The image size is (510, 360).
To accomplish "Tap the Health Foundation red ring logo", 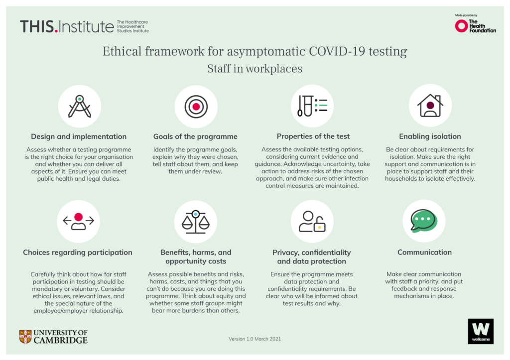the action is tap(461, 26).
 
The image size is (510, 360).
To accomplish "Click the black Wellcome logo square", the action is tap(481, 332).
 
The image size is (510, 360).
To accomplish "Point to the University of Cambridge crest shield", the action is tap(25, 337).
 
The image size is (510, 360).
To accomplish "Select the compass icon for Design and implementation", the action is tap(79, 107).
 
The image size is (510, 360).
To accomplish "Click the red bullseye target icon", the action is tap(196, 107).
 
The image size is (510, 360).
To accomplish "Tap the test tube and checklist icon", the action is tap(312, 106).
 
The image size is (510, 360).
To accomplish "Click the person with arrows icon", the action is tap(78, 221).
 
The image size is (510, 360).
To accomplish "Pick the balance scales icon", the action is tap(195, 222).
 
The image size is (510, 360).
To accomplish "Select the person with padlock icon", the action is tap(312, 222).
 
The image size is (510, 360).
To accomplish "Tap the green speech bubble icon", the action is tap(424, 221).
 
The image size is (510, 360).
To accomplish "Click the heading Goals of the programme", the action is tap(195, 136).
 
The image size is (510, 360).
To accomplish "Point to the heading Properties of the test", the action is tap(313, 136).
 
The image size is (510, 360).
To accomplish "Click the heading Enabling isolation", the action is tap(430, 136).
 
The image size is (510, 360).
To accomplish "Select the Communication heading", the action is tap(424, 252).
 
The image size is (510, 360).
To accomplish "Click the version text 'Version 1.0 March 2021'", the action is tap(255, 339).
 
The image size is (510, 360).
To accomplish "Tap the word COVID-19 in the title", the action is tap(337, 51).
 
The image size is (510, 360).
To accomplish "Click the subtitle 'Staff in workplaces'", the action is tap(255, 69).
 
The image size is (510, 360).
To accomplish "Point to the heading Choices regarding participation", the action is tap(78, 252).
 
